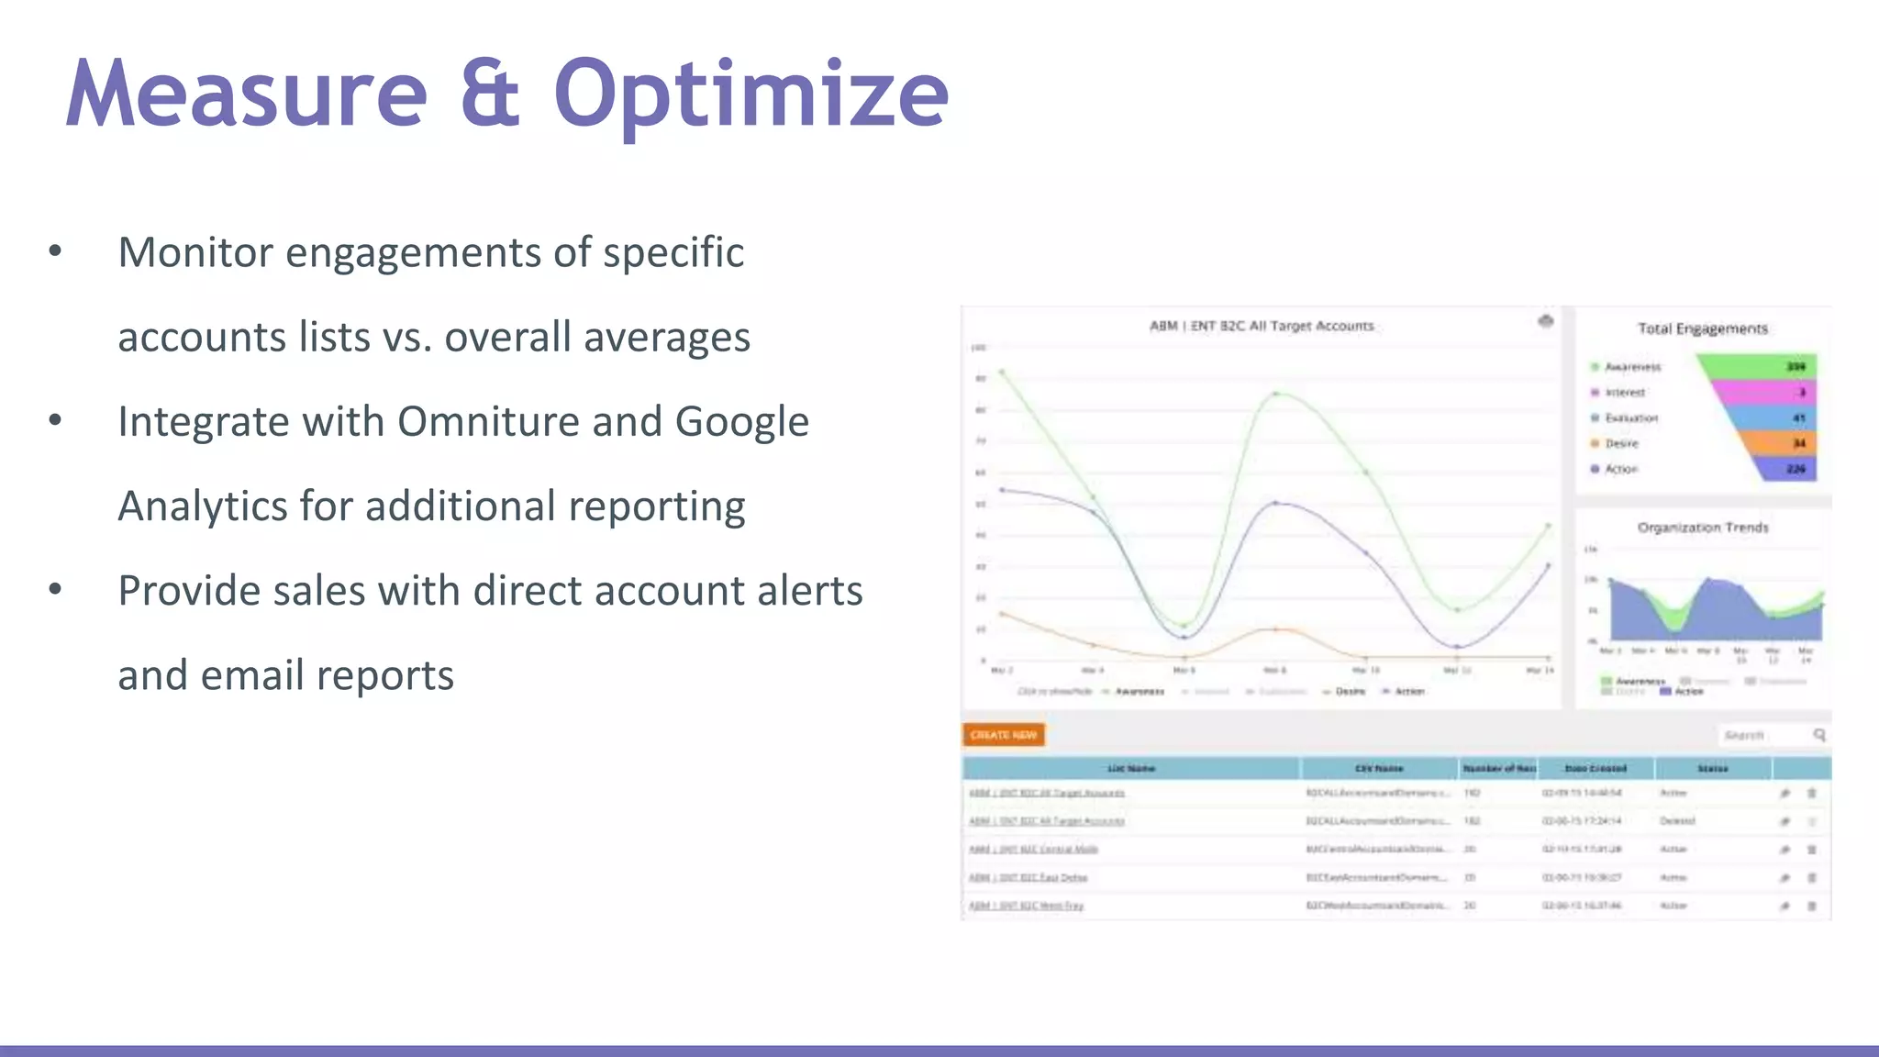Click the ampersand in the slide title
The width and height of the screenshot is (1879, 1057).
click(490, 94)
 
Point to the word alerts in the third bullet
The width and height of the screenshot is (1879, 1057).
click(809, 591)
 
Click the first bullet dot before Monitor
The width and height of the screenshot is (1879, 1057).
click(55, 251)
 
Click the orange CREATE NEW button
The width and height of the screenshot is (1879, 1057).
click(1003, 735)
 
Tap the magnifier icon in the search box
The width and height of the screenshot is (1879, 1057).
click(1819, 735)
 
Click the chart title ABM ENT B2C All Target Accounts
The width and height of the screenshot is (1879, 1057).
click(1262, 326)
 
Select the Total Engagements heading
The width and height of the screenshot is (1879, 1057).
click(1703, 328)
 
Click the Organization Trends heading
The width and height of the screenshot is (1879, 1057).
click(1703, 528)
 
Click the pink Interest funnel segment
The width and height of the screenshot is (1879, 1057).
click(1766, 392)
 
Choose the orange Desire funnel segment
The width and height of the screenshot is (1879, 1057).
click(1780, 443)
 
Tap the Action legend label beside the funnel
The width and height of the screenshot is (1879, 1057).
click(1620, 469)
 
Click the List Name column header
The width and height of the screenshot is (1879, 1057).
click(1130, 768)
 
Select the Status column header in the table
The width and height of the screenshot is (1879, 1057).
click(1712, 768)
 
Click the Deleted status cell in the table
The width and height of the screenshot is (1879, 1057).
click(1677, 821)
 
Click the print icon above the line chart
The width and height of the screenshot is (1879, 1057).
click(1546, 321)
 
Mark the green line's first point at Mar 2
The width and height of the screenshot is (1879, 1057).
click(1002, 372)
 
